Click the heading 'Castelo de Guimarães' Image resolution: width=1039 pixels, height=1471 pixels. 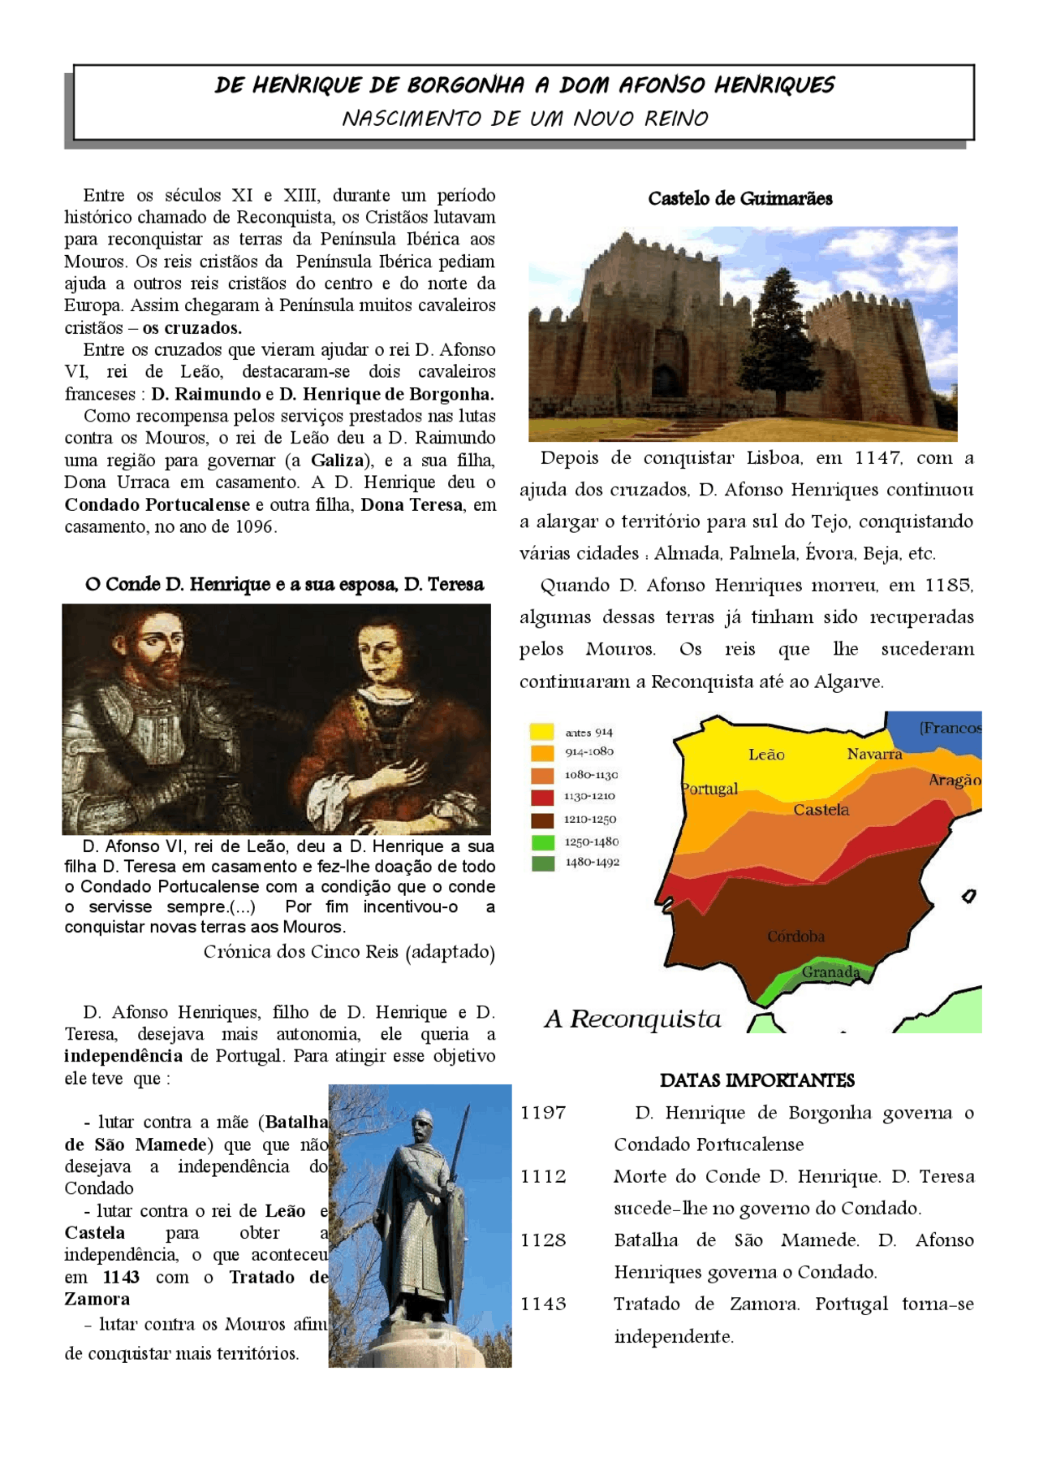[739, 199]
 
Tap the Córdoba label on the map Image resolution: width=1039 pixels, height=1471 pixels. [795, 937]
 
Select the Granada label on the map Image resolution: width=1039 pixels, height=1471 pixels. [830, 971]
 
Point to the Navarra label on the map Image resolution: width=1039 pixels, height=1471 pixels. [874, 754]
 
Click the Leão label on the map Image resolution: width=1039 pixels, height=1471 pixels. [766, 755]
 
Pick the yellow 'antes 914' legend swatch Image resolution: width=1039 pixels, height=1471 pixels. [541, 731]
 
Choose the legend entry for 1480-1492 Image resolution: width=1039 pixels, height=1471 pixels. [592, 863]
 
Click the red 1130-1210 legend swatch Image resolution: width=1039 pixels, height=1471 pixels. [541, 797]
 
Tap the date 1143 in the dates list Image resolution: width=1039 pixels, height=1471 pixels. [543, 1304]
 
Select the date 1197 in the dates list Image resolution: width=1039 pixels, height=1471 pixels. [543, 1113]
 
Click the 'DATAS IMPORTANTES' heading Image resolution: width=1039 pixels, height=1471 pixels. [757, 1080]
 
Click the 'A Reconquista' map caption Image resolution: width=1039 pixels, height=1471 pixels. [632, 1019]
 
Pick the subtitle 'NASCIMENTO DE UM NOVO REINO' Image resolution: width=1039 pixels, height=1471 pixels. [524, 119]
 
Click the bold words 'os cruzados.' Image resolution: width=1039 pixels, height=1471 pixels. [192, 328]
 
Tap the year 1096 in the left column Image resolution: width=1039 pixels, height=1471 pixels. [254, 526]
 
